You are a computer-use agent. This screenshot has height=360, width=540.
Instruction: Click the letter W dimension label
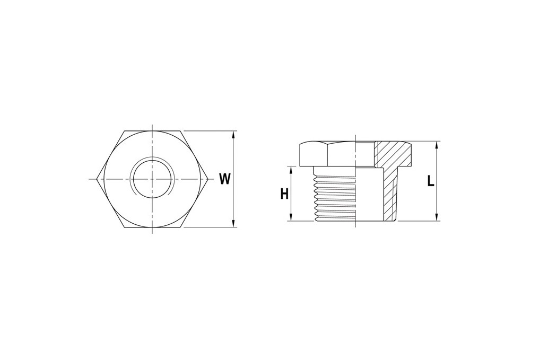224,179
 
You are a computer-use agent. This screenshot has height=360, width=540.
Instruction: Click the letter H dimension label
284,194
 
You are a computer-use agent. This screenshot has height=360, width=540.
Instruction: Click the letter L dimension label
431,181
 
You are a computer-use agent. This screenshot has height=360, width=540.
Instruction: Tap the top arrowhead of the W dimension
234,135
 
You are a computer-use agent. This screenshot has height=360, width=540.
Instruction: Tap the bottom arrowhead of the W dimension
234,223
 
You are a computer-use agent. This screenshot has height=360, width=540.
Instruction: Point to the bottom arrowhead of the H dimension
291,217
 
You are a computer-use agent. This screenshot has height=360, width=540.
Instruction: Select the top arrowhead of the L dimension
437,145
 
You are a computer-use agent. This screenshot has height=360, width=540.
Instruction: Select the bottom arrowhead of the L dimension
437,217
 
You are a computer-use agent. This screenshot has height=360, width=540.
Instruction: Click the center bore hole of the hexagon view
152,179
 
